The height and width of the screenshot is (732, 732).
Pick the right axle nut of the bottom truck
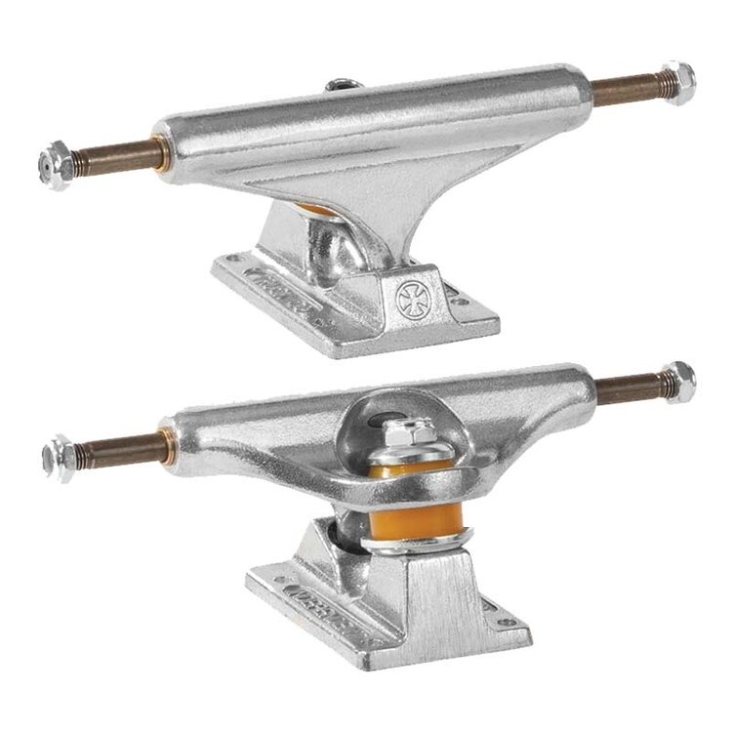[x=676, y=378]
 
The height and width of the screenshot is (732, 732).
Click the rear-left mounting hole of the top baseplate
[x=231, y=259]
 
